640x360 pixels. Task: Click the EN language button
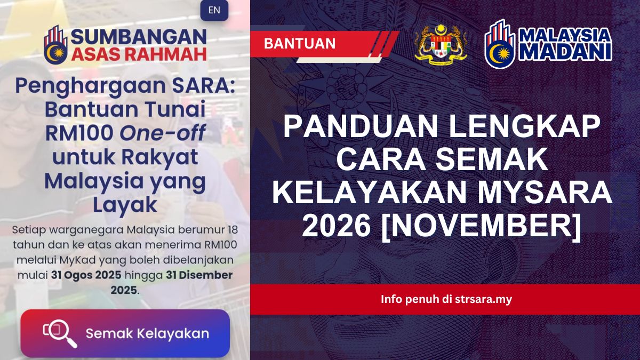(x=214, y=10)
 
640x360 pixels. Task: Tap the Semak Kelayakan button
(x=125, y=333)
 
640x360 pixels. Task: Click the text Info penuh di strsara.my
(x=446, y=299)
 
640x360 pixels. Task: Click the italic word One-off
(x=162, y=132)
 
